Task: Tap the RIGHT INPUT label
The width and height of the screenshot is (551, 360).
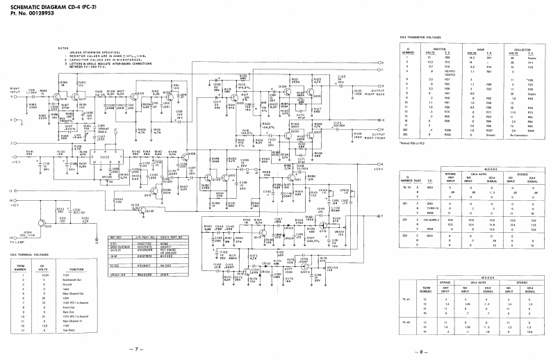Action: [15, 91]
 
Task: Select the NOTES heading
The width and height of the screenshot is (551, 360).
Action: [63, 48]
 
